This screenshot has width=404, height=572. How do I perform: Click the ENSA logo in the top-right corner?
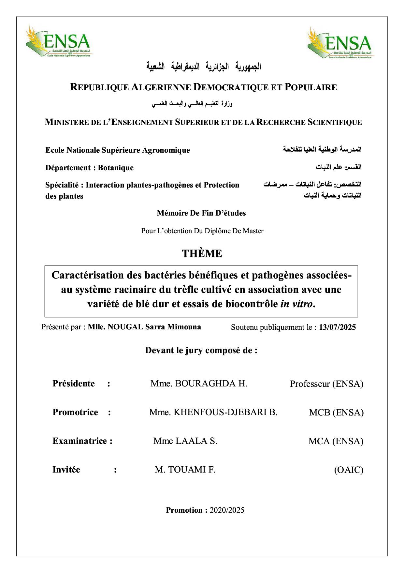340,44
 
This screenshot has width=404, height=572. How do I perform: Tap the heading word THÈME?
202,253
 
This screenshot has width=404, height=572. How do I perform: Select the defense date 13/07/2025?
338,327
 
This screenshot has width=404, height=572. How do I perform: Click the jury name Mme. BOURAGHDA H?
199,384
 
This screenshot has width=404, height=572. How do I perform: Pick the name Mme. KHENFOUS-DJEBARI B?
213,412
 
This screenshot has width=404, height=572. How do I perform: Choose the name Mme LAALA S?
185,441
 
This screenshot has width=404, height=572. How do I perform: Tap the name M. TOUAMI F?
185,470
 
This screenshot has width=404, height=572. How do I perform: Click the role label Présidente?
74,384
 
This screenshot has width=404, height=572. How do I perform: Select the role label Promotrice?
75,412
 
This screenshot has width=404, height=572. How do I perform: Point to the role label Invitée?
66,470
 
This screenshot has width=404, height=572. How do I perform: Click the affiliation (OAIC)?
349,470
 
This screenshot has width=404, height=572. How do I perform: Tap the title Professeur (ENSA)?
326,384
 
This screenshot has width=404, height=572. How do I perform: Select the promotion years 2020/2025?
227,510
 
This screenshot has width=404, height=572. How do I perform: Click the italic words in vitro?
296,304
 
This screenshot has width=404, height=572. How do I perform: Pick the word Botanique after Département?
116,168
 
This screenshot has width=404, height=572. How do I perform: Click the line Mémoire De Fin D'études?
201,213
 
